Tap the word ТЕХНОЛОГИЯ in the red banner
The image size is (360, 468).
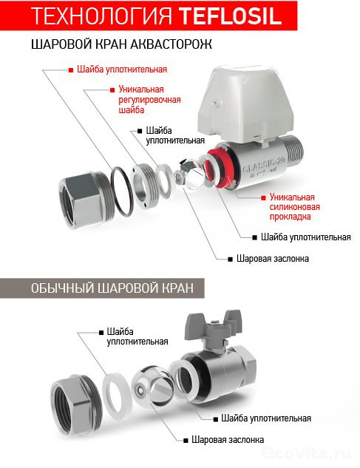pyautogui.click(x=102, y=16)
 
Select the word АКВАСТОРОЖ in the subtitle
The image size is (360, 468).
pyautogui.click(x=171, y=44)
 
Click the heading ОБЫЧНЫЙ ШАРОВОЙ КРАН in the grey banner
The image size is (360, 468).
pyautogui.click(x=112, y=288)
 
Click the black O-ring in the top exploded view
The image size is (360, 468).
pyautogui.click(x=122, y=191)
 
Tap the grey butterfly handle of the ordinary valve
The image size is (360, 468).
pyautogui.click(x=214, y=327)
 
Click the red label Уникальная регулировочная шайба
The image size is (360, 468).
pyautogui.click(x=149, y=99)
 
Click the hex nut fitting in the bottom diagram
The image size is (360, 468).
pyautogui.click(x=76, y=401)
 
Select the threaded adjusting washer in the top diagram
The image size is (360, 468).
pyautogui.click(x=146, y=186)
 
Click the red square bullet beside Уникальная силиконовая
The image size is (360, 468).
pyautogui.click(x=263, y=197)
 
